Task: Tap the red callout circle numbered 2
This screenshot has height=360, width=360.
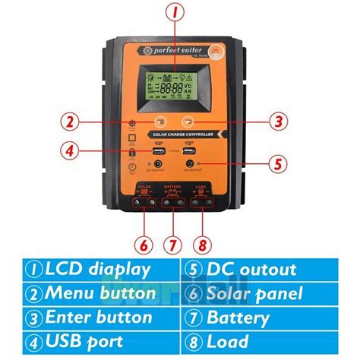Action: [x=70, y=122]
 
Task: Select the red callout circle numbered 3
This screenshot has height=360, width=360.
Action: [x=279, y=122]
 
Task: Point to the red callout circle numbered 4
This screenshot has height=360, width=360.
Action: [x=70, y=150]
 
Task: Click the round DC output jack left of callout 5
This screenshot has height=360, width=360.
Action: [x=188, y=163]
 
